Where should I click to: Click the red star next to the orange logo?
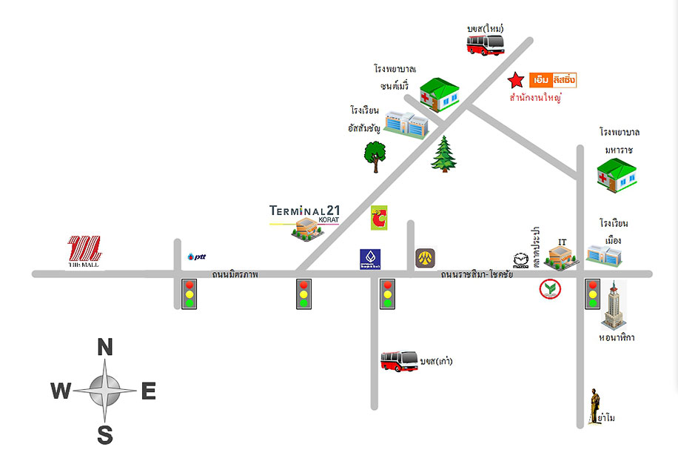[515, 80]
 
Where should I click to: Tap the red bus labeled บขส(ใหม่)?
[486, 44]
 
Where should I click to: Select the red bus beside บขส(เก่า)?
[399, 361]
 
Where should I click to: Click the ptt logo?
[196, 256]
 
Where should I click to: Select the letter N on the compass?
[105, 347]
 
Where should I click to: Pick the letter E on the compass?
[148, 391]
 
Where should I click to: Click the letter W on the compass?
[61, 391]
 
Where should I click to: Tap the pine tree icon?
[444, 153]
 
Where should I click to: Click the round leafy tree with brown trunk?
[375, 156]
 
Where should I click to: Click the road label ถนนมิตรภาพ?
[235, 275]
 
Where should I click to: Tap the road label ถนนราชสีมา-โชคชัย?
[476, 275]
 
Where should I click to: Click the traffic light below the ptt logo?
[189, 294]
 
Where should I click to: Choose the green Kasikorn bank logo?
[549, 290]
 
